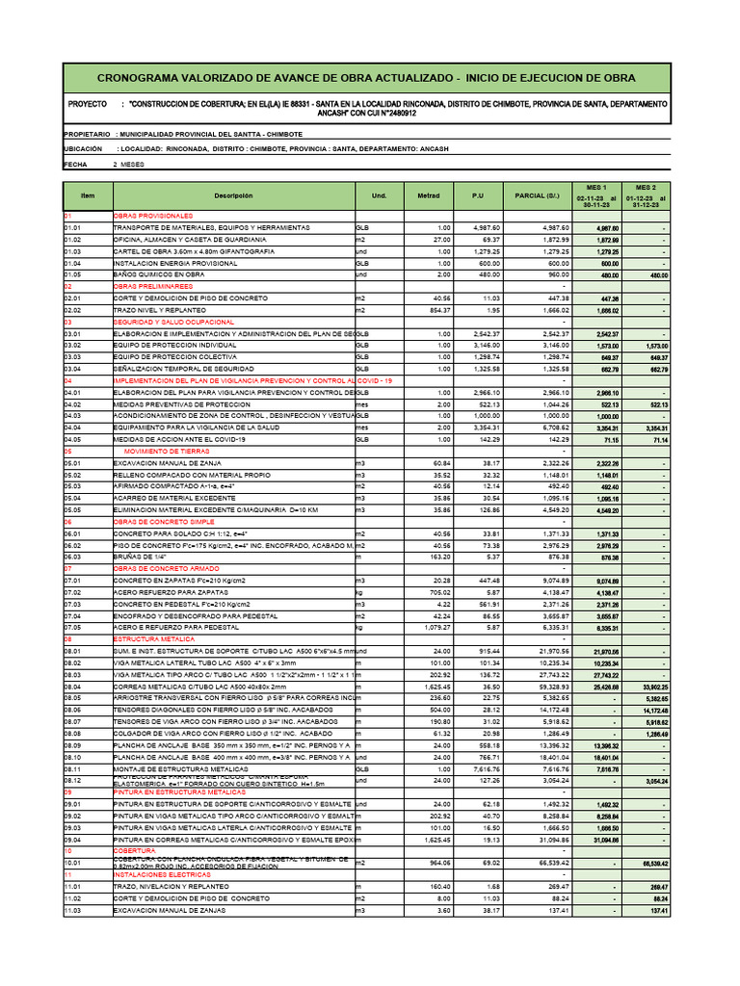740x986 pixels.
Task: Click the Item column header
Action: coord(88,195)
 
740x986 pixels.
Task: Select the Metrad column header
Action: coord(428,195)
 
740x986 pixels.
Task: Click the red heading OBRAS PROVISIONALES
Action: coord(153,216)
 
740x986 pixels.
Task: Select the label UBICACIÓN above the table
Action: coord(83,149)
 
